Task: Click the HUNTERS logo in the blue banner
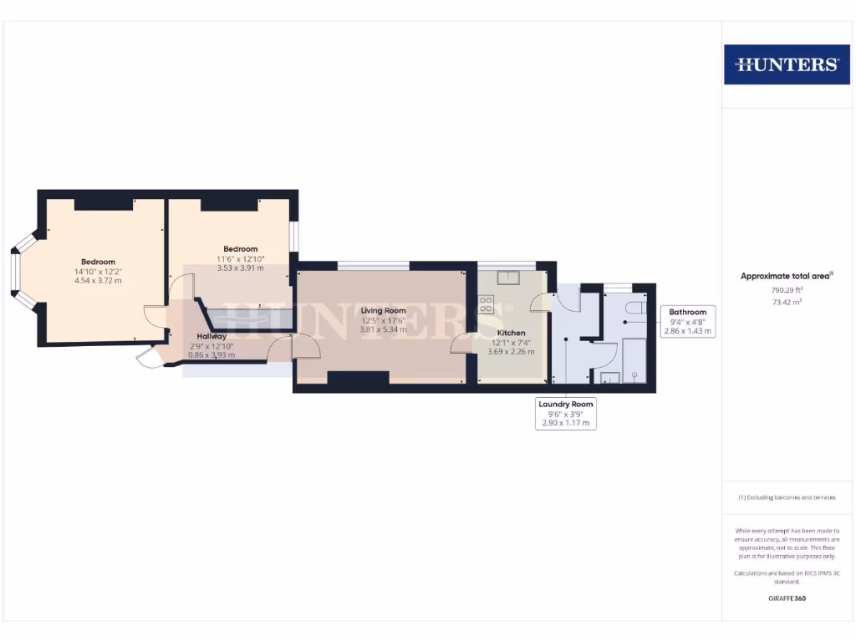click(x=786, y=64)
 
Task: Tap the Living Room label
click(x=383, y=311)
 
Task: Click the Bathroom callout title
click(x=687, y=312)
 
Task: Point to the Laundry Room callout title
click(x=565, y=405)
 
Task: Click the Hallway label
click(x=206, y=336)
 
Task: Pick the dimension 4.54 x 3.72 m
click(x=98, y=281)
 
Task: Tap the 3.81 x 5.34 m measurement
click(x=383, y=329)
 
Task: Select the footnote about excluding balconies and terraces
click(x=786, y=497)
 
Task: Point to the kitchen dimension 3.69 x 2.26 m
click(x=511, y=351)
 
